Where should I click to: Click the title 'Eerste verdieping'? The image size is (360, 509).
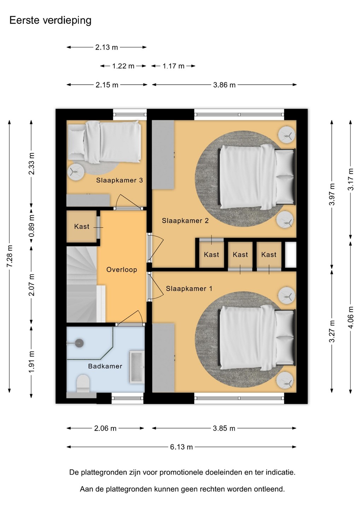pyautogui.click(x=50, y=21)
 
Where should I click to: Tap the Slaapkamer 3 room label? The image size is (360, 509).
pyautogui.click(x=119, y=180)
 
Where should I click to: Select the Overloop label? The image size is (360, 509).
pyautogui.click(x=122, y=270)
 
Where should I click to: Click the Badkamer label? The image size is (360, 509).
pyautogui.click(x=105, y=366)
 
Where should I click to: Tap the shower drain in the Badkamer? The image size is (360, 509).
pyautogui.click(x=79, y=343)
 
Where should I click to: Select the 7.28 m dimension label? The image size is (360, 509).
pyautogui.click(x=10, y=256)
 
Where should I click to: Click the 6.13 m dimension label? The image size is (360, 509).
pyautogui.click(x=181, y=447)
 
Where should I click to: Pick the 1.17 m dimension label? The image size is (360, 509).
pyautogui.click(x=173, y=66)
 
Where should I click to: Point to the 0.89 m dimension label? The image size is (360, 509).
pyautogui.click(x=31, y=226)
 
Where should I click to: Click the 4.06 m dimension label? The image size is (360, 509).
pyautogui.click(x=351, y=317)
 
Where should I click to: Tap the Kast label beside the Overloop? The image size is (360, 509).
pyautogui.click(x=82, y=226)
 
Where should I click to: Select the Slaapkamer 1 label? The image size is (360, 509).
pyautogui.click(x=189, y=288)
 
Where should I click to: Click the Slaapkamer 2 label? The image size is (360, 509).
pyautogui.click(x=185, y=221)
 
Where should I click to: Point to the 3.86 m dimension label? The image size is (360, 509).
pyautogui.click(x=224, y=85)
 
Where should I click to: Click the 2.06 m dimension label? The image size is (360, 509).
pyautogui.click(x=105, y=428)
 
